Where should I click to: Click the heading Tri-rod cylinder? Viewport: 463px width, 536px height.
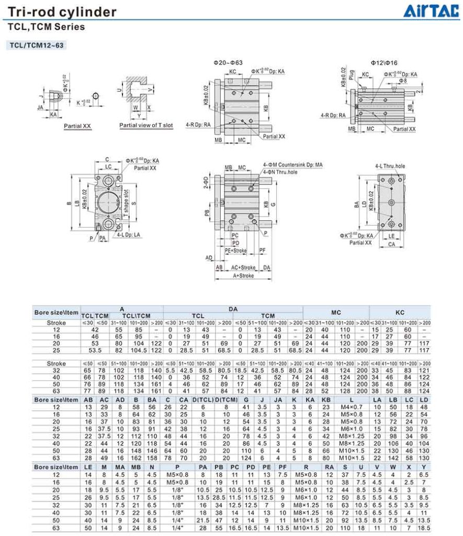(62, 12)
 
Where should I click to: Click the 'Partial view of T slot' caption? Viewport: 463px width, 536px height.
(145, 126)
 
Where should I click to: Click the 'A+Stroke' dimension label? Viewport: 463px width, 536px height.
(243, 275)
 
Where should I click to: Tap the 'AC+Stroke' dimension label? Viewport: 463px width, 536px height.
(243, 267)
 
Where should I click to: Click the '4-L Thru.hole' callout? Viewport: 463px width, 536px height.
(390, 166)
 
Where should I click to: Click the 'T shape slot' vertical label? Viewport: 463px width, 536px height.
(126, 199)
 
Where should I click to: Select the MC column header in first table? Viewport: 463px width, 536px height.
(336, 312)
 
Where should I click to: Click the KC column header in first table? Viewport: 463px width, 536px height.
(400, 312)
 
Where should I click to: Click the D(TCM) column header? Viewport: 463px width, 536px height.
(226, 399)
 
